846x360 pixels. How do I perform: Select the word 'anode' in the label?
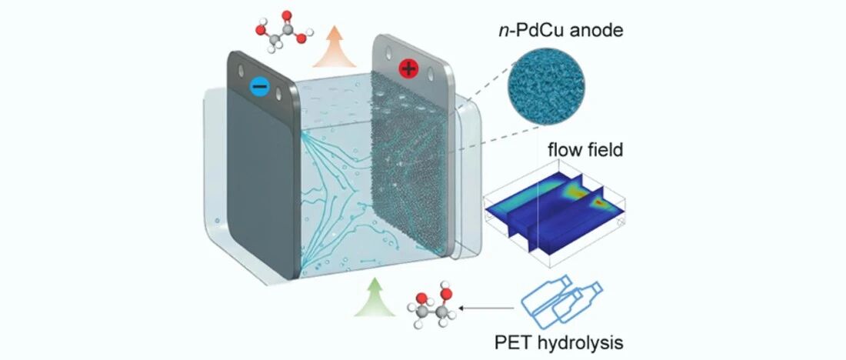coord(585,34)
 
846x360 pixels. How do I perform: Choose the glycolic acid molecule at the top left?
coord(284,32)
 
